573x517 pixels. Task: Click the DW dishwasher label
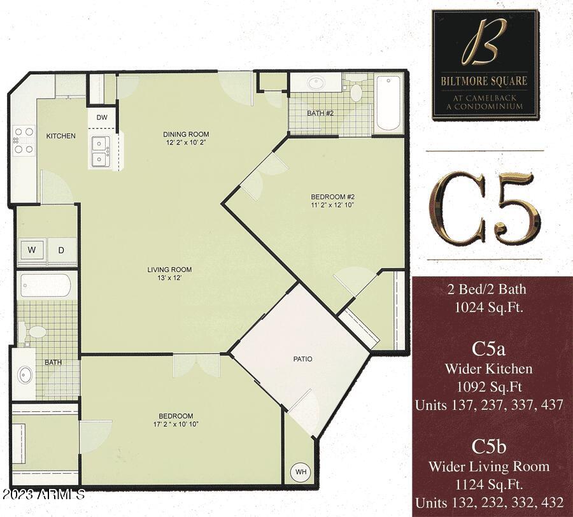[102, 118]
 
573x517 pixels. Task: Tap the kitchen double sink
[99, 151]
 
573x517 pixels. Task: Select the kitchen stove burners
[24, 140]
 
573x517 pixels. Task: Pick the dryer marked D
[62, 250]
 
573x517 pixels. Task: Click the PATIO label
[302, 359]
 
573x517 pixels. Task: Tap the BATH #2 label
[319, 113]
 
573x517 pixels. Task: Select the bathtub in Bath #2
[388, 103]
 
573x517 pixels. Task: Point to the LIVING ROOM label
[169, 269]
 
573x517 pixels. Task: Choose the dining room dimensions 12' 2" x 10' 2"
[186, 143]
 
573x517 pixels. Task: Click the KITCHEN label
[61, 136]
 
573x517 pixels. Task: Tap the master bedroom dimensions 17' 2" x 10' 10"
[176, 425]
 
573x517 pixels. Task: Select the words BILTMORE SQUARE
[485, 81]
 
